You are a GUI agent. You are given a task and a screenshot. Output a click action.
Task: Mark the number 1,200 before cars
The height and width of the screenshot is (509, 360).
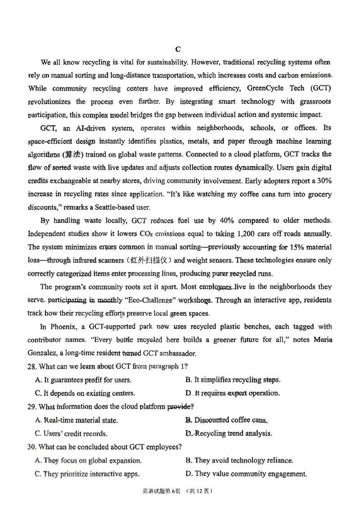pyautogui.click(x=249, y=234)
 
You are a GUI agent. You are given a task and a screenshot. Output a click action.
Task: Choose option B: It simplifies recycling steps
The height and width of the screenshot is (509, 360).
pyautogui.click(x=233, y=380)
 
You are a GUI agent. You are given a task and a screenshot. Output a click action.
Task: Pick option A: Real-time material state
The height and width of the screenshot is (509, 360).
pyautogui.click(x=76, y=420)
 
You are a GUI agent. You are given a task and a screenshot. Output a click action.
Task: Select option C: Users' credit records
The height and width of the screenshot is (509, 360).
pyautogui.click(x=71, y=434)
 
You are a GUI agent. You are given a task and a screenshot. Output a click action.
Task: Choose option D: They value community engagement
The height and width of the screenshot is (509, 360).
pyautogui.click(x=246, y=474)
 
